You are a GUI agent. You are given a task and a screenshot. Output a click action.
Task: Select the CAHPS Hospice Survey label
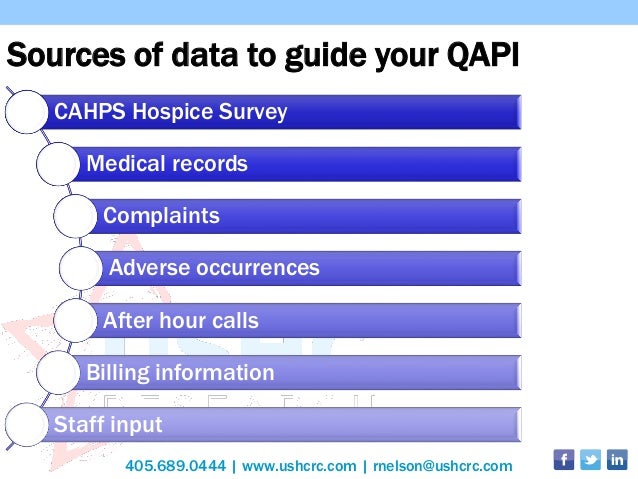point(170,111)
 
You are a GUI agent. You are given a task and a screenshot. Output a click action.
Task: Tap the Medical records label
point(167,163)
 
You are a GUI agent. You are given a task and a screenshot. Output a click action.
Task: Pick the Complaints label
point(161,215)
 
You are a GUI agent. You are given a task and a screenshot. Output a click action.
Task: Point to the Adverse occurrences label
point(214,268)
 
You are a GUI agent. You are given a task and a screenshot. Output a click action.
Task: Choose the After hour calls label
point(180,321)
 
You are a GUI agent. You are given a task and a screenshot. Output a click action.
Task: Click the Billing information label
point(180,373)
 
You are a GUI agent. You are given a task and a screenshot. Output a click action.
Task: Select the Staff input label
point(108,424)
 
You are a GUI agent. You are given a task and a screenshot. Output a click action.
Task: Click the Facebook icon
point(563,460)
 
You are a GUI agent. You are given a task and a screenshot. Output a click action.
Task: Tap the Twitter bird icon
point(590,460)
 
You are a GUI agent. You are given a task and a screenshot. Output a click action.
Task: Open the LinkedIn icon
point(617,460)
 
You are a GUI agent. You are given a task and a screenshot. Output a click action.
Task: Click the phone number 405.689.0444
point(175,466)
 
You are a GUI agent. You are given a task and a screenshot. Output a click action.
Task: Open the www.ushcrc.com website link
point(299,466)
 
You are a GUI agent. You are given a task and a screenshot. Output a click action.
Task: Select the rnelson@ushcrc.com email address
point(442,466)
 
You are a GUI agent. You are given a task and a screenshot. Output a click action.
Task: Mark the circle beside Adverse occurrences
point(82,268)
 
